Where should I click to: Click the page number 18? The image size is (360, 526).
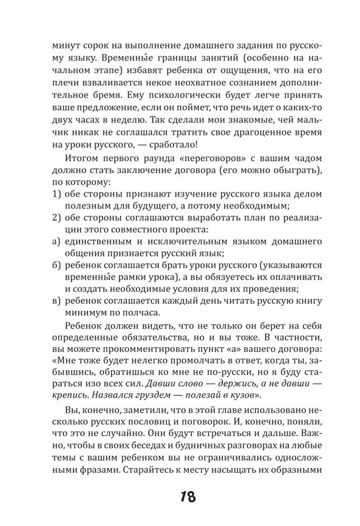click(179, 495)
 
